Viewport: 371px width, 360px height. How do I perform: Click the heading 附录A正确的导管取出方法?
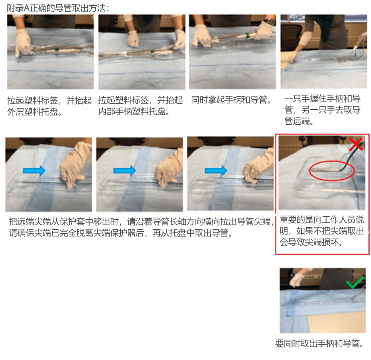click(58, 8)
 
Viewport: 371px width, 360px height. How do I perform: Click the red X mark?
click(356, 144)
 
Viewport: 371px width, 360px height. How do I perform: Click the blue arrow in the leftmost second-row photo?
click(34, 170)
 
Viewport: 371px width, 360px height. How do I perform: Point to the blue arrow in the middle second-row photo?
click(124, 170)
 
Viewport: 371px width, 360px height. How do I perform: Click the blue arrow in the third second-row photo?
click(216, 170)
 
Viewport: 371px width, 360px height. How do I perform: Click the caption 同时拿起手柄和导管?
click(231, 100)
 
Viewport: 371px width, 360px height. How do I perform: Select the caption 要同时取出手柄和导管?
click(319, 344)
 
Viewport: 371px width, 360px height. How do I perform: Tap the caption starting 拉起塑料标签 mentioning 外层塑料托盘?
click(49, 106)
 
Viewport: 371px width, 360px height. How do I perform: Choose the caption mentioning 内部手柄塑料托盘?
click(140, 106)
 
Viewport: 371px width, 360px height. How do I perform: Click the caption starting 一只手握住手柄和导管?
click(322, 110)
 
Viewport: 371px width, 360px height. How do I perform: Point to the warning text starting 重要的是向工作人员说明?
click(322, 231)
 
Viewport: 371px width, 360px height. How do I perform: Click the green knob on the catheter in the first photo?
click(57, 49)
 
